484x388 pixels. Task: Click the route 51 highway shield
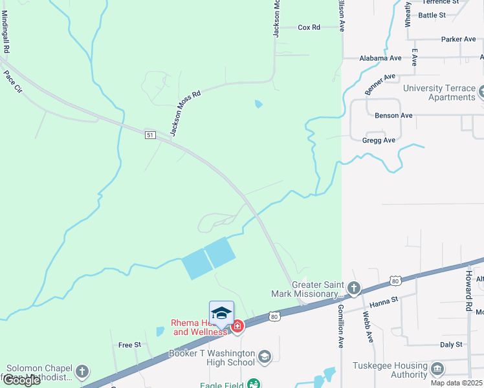(x=150, y=135)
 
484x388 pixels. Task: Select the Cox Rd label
(x=309, y=27)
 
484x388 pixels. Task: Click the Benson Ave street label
(x=393, y=116)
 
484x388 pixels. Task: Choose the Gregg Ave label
(x=380, y=140)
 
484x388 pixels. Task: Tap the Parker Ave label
(x=458, y=39)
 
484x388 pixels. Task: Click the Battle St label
(x=432, y=15)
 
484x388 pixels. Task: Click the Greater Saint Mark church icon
(x=353, y=288)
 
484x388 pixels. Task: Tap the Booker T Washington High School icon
(x=264, y=357)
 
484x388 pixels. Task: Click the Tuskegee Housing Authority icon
(x=437, y=369)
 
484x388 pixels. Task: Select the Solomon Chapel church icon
(x=82, y=371)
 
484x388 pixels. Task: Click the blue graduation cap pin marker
(x=221, y=314)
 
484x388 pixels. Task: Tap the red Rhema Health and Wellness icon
(x=237, y=327)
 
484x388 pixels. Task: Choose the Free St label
(x=129, y=345)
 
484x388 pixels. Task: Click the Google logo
(x=21, y=380)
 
